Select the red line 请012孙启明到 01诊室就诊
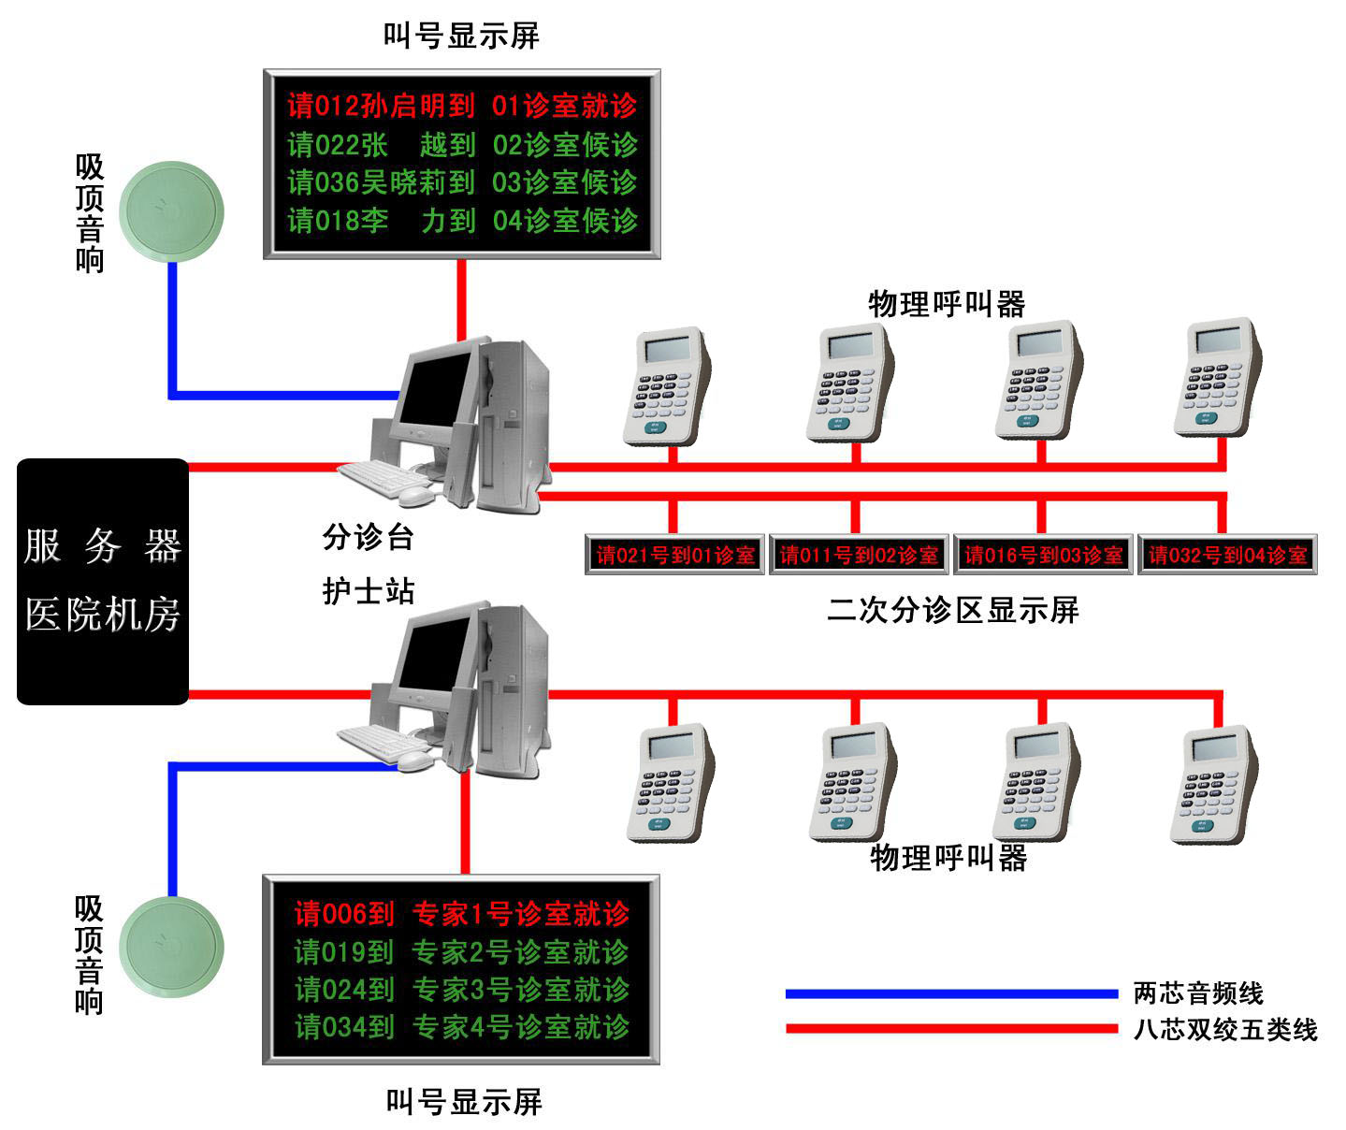pyautogui.click(x=462, y=106)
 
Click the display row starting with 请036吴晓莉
pyautogui.click(x=462, y=182)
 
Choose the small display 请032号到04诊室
pyautogui.click(x=1227, y=556)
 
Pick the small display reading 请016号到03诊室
pyautogui.click(x=1043, y=556)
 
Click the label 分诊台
pyautogui.click(x=369, y=537)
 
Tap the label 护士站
pyautogui.click(x=369, y=591)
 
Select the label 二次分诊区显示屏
pyautogui.click(x=953, y=610)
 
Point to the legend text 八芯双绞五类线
pyautogui.click(x=1225, y=1030)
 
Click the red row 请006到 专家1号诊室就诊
pyautogui.click(x=462, y=914)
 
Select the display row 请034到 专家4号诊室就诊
pyautogui.click(x=462, y=1027)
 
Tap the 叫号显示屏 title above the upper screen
pyautogui.click(x=462, y=36)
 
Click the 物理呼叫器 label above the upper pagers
pyautogui.click(x=947, y=304)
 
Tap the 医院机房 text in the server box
pyautogui.click(x=103, y=615)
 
